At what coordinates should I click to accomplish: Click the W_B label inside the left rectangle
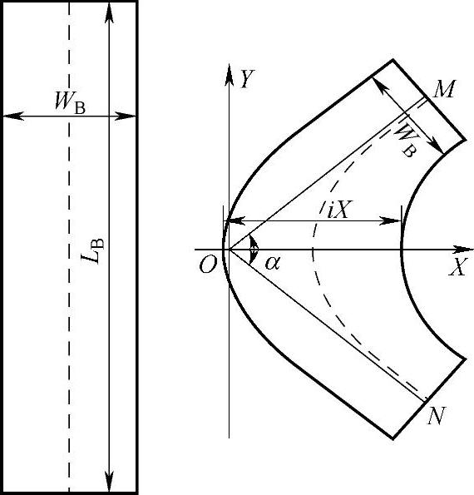click(70, 101)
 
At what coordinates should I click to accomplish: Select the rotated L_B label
click(92, 250)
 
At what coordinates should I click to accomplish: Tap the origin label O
click(208, 265)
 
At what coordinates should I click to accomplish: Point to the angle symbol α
click(272, 263)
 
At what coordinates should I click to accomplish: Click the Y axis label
click(247, 78)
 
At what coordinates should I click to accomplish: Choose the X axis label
click(457, 267)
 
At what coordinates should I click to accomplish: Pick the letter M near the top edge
click(444, 89)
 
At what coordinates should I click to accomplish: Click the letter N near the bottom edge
click(437, 415)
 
